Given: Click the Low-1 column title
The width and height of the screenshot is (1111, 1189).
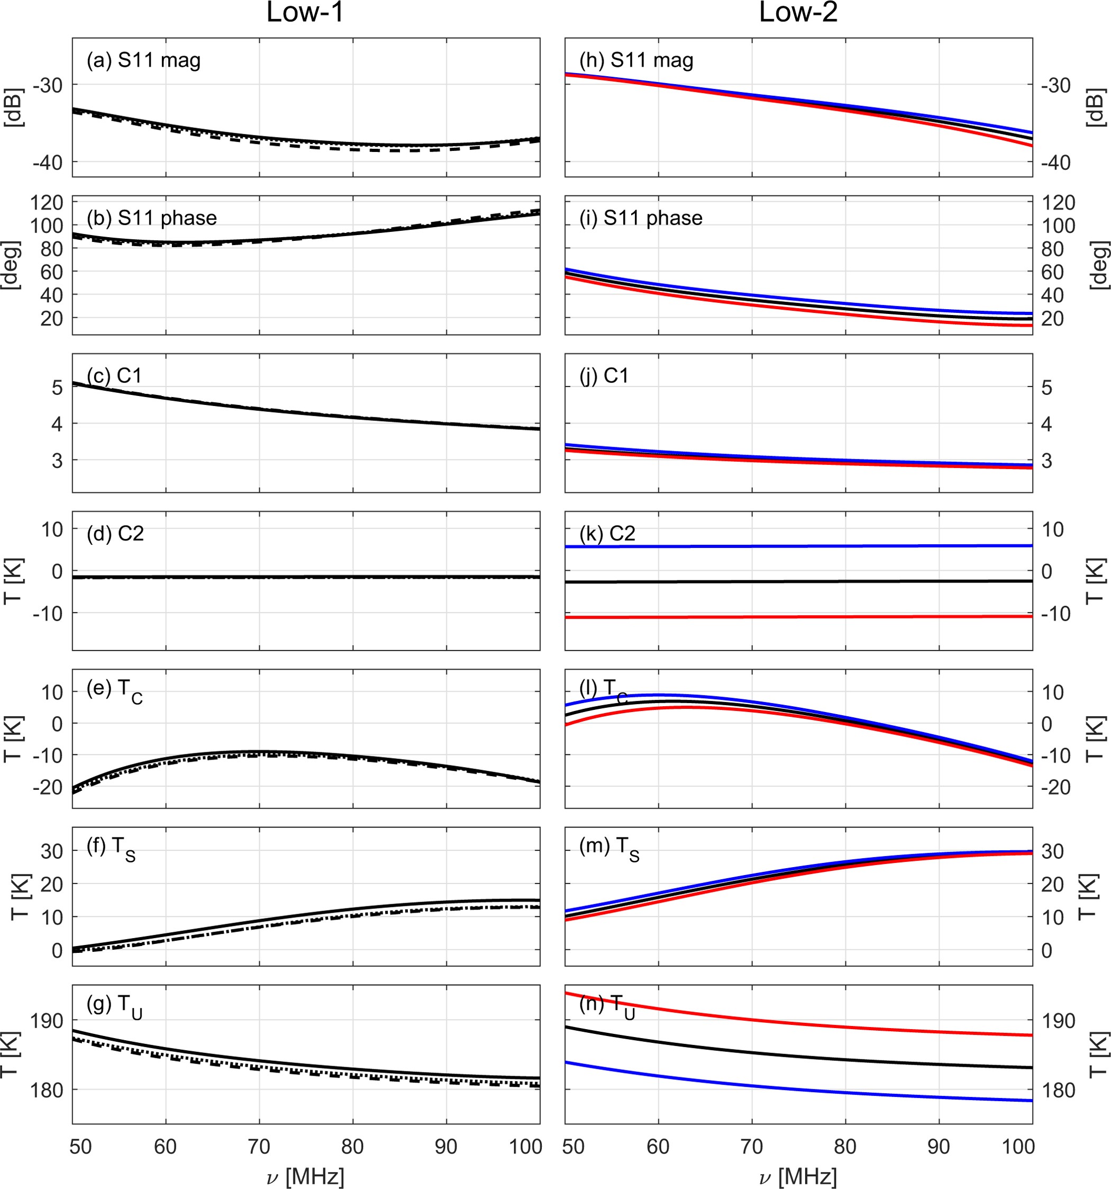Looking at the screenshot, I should point(305,13).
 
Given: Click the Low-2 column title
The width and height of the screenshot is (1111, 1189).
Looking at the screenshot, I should point(798,13).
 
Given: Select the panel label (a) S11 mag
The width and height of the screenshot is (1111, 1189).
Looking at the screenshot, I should point(143,60).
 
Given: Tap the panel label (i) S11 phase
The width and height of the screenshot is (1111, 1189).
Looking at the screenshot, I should point(640,218).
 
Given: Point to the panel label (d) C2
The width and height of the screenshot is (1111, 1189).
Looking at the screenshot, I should point(115,533).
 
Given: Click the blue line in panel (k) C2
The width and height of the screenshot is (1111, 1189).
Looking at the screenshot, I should point(798,546).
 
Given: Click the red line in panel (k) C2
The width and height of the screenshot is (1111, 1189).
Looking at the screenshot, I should point(798,617).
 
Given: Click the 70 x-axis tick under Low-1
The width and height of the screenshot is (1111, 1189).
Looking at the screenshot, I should point(259,1147).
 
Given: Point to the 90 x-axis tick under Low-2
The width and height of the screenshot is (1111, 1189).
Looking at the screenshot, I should point(939,1147).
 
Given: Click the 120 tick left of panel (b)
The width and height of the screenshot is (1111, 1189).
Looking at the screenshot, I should point(47,202).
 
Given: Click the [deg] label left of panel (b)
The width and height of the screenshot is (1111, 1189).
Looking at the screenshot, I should point(12,265).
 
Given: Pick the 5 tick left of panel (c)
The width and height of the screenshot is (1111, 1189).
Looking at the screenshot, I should point(57,388).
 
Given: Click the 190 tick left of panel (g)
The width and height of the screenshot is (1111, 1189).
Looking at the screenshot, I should point(47,1021).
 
